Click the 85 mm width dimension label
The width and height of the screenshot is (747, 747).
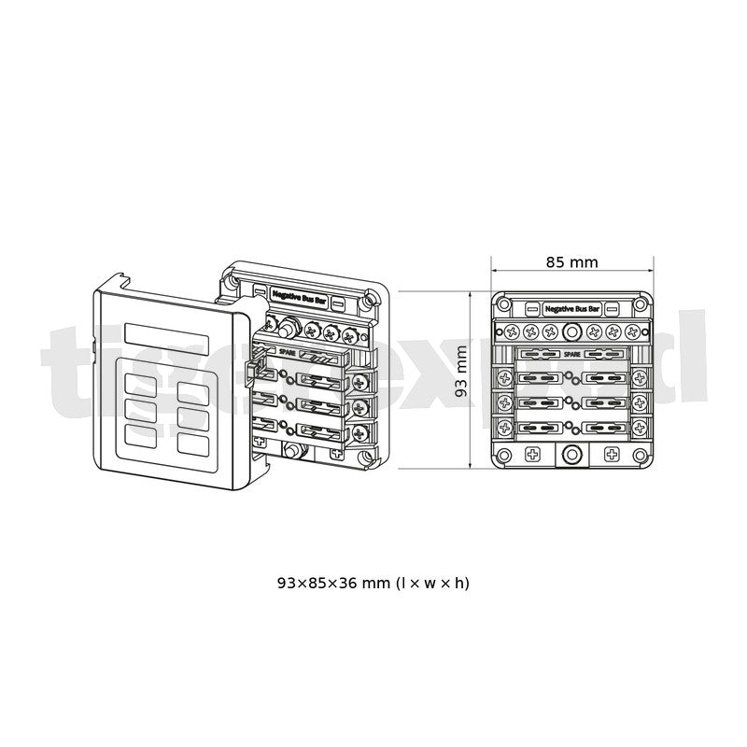click(571, 262)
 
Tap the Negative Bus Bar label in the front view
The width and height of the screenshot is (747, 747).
click(571, 307)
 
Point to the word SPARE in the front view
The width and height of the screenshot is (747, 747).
click(571, 355)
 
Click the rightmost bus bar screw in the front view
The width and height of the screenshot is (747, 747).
click(632, 331)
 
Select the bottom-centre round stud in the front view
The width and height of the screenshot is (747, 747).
click(571, 456)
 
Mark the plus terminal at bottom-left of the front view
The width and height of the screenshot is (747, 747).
click(531, 455)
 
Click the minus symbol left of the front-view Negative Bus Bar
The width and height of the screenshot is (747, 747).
click(531, 307)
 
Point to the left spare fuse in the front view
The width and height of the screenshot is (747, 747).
click(543, 355)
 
